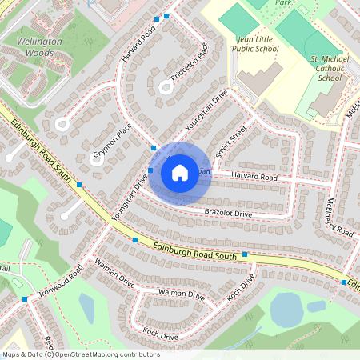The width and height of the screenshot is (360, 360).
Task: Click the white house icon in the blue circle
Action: click(x=180, y=172)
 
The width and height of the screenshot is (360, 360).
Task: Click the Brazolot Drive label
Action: click(x=228, y=214)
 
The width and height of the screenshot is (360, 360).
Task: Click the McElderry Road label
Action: click(x=340, y=216)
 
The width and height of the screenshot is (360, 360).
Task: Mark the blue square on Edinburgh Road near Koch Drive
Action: click(x=245, y=254)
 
